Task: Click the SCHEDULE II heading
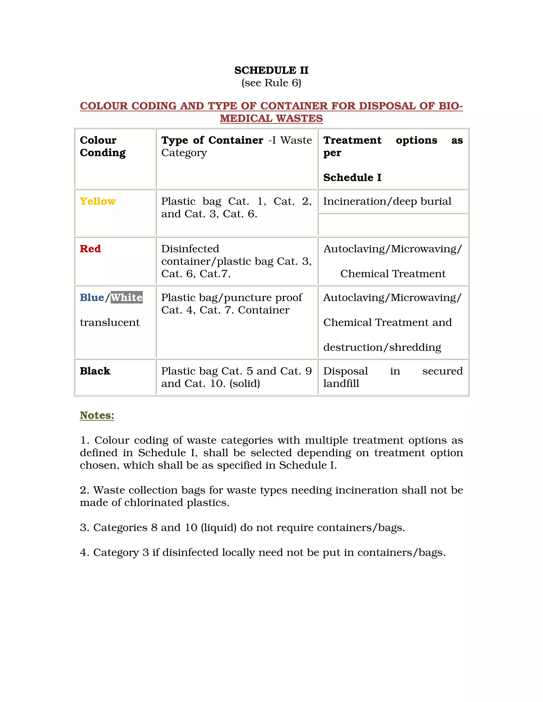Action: [271, 70]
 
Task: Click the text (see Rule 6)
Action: [271, 83]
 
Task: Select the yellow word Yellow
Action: [98, 201]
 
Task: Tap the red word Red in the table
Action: [90, 249]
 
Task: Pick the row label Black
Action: [95, 371]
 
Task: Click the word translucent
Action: [110, 322]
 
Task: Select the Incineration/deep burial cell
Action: [387, 201]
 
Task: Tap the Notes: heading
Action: [97, 415]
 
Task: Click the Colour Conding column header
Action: [103, 146]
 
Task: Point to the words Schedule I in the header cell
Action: [352, 177]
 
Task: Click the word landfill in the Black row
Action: [341, 384]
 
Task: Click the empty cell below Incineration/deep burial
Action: [393, 225]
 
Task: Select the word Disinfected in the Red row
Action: [190, 249]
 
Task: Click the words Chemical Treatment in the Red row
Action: [393, 274]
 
